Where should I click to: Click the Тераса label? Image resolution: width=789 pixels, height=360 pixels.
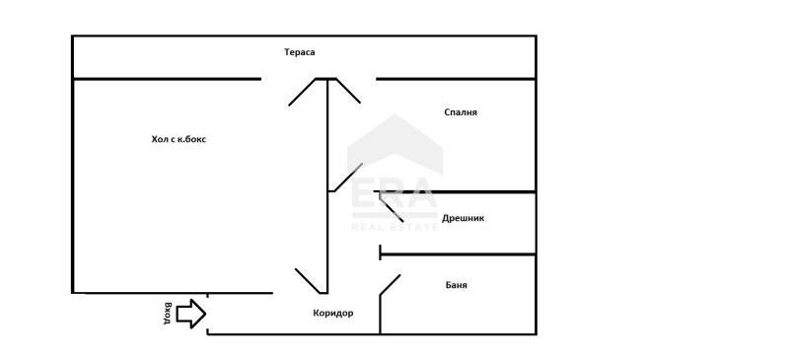click(x=300, y=52)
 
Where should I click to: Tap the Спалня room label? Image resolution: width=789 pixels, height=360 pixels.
click(x=461, y=112)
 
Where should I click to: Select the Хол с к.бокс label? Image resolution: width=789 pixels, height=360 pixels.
click(x=179, y=139)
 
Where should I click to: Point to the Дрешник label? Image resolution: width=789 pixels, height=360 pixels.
click(x=463, y=218)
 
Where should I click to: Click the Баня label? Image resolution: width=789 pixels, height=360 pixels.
click(x=456, y=285)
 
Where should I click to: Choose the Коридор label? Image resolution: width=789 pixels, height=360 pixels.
click(x=333, y=314)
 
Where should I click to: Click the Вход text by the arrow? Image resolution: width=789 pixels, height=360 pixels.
click(x=168, y=314)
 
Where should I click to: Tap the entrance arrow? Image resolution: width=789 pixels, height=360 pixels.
click(x=191, y=314)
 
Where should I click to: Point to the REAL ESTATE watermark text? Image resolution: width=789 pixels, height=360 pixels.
click(x=395, y=227)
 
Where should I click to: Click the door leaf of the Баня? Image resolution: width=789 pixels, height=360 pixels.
click(x=390, y=285)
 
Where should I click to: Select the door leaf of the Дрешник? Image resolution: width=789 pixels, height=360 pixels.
click(x=392, y=207)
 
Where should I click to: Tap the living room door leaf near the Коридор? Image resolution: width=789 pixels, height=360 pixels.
click(x=308, y=280)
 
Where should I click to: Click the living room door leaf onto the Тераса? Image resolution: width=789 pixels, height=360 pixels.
click(x=302, y=92)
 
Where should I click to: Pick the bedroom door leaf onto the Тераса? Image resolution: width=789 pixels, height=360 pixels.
click(x=348, y=91)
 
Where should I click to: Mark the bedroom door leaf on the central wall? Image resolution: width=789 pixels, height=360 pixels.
click(x=348, y=178)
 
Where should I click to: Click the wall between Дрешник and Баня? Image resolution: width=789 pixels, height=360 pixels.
click(x=458, y=254)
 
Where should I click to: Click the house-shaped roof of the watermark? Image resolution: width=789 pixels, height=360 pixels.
click(x=395, y=143)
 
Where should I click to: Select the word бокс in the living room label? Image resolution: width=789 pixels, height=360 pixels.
click(x=195, y=139)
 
